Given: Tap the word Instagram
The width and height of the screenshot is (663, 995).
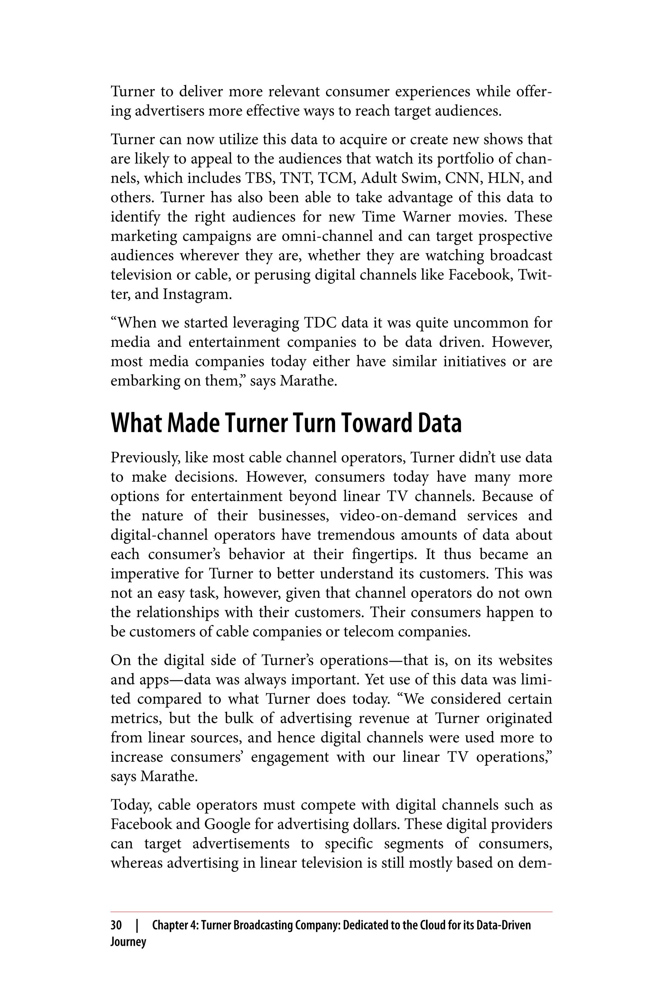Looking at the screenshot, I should pyautogui.click(x=197, y=294).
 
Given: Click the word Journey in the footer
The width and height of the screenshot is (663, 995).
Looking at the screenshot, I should pyautogui.click(x=128, y=942).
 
